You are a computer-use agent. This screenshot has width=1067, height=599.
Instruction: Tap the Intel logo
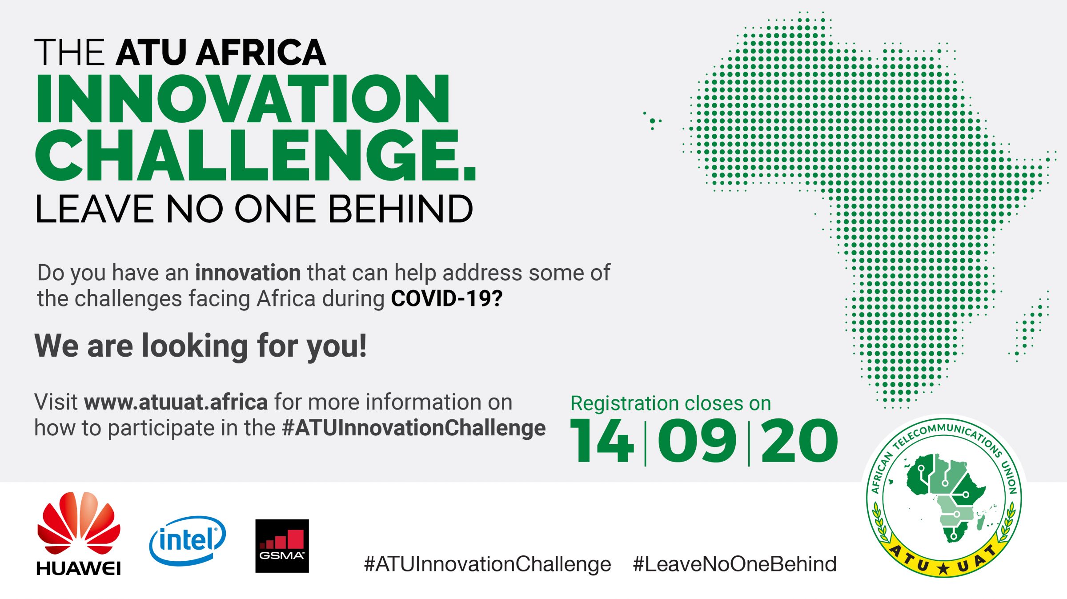(x=188, y=540)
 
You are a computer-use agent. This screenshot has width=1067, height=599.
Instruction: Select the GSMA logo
(x=282, y=546)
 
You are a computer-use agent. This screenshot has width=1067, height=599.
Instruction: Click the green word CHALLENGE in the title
(x=256, y=155)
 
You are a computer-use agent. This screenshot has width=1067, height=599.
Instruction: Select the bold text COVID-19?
(x=447, y=298)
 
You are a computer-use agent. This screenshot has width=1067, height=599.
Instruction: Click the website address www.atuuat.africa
(x=176, y=402)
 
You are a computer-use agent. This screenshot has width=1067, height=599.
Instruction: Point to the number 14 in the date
(x=602, y=441)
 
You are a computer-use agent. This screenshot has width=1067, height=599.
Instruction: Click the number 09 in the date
(x=697, y=441)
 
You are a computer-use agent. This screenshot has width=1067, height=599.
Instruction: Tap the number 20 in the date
(x=799, y=441)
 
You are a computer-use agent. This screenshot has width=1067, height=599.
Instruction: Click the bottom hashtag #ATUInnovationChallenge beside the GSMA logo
(x=488, y=564)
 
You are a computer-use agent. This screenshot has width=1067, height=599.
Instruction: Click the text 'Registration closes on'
(x=671, y=403)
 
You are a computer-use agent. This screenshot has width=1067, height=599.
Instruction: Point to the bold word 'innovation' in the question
(x=248, y=273)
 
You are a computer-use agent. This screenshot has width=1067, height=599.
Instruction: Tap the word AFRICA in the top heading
(x=261, y=52)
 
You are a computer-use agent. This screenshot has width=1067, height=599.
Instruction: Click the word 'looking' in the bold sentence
(x=195, y=346)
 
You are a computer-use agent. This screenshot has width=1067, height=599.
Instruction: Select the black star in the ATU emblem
(x=943, y=569)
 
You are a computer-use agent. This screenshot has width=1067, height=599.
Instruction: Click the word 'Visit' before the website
(x=56, y=402)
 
